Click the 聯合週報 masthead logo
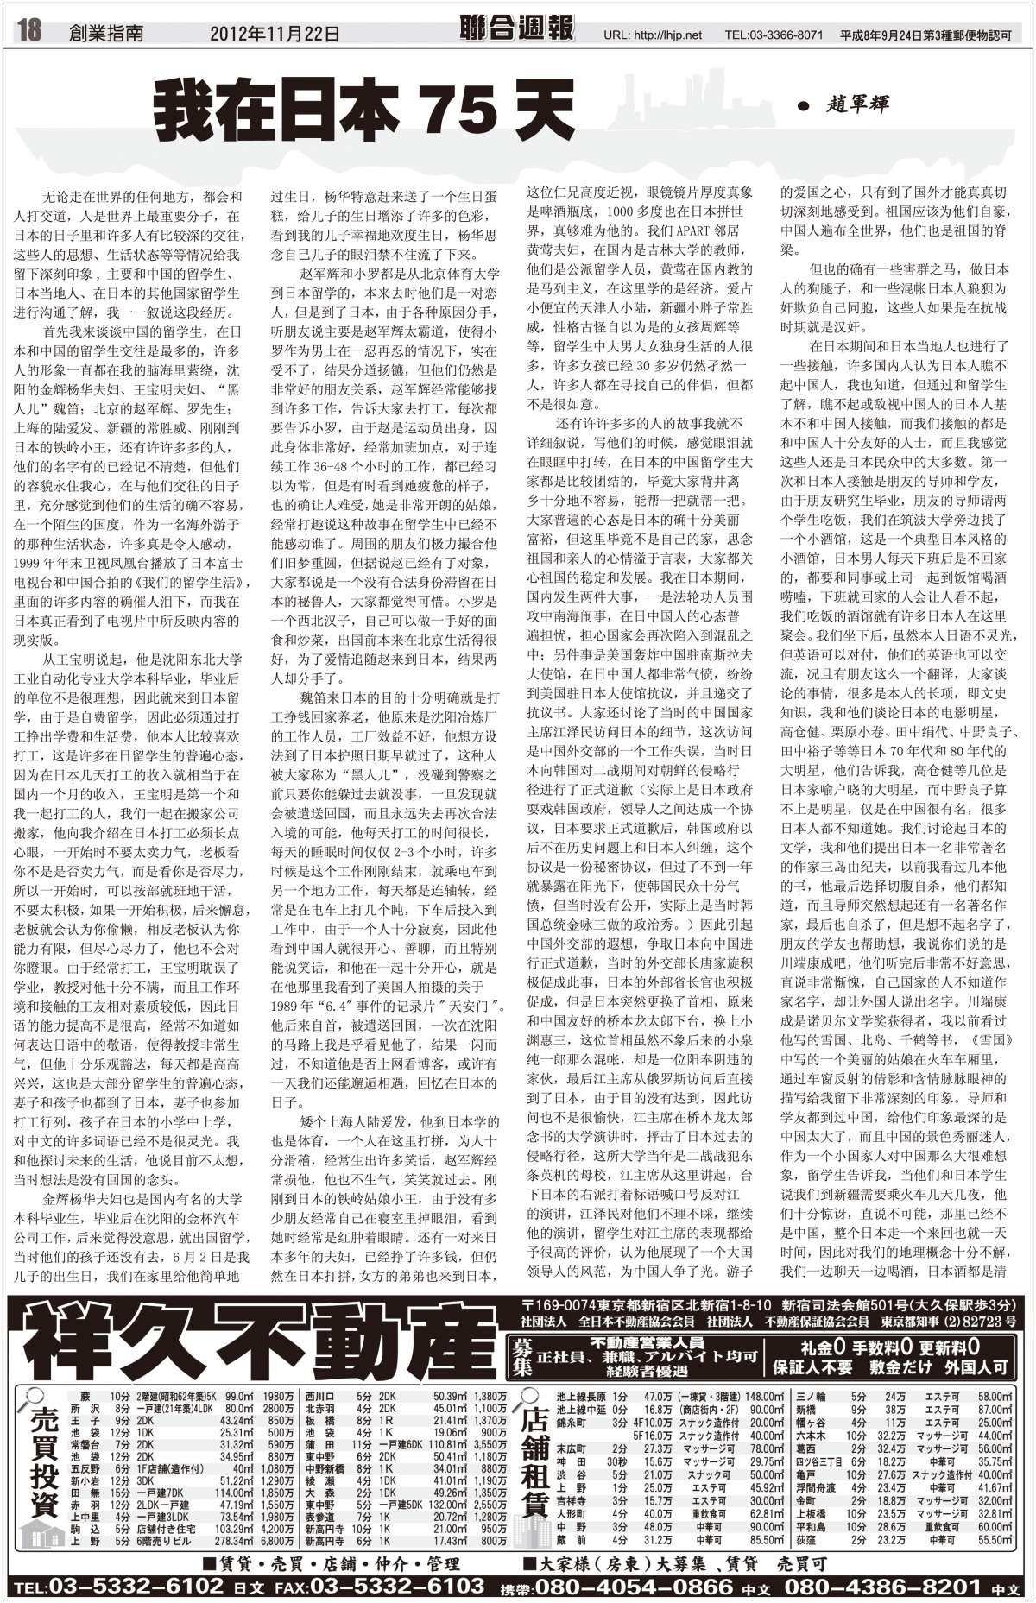[x=517, y=29]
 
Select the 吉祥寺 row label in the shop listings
[x=571, y=1500]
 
